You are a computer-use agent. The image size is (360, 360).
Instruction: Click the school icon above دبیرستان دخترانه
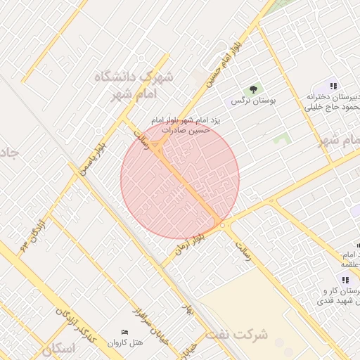click(x=333, y=86)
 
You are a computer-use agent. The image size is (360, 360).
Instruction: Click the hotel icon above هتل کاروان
click(x=125, y=332)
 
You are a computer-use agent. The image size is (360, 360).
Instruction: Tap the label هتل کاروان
click(x=124, y=343)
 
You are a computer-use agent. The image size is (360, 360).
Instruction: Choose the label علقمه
click(x=350, y=264)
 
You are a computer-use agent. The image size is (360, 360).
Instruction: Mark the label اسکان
click(x=58, y=349)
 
